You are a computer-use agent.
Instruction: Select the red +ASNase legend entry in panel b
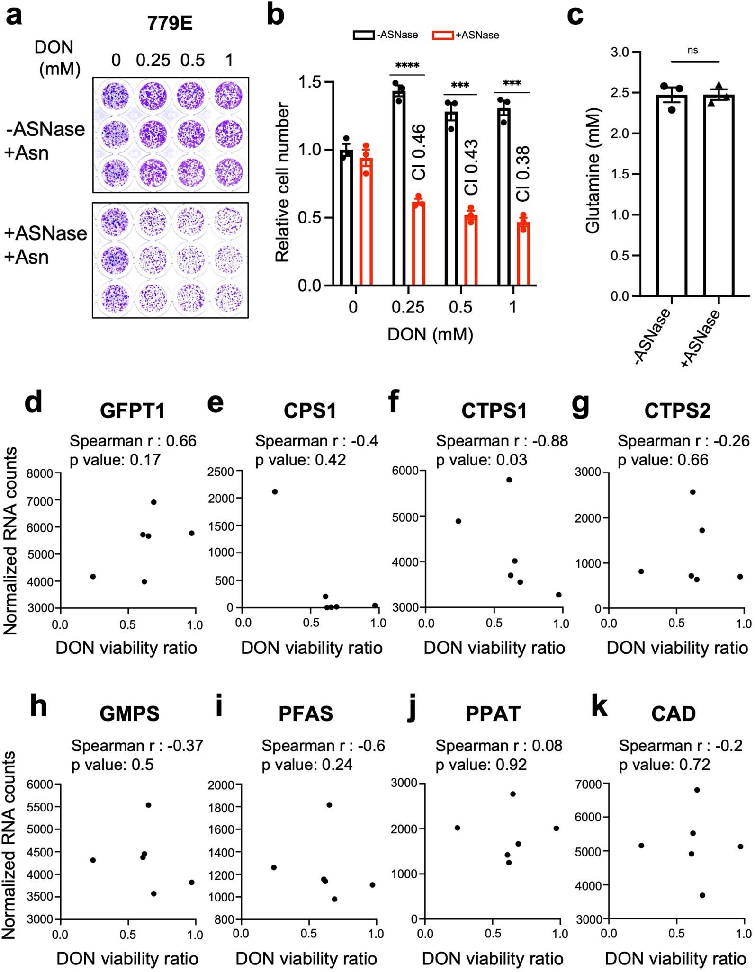(x=466, y=35)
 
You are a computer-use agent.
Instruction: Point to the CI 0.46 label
(x=419, y=152)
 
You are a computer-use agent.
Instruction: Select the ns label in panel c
(x=692, y=51)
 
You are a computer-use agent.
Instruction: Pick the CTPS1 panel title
(x=494, y=410)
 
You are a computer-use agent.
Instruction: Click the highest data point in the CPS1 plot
(x=275, y=491)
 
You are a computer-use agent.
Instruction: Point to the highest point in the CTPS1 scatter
(x=509, y=480)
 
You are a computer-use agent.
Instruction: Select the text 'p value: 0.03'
(x=481, y=460)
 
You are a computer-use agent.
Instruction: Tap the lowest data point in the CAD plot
(x=702, y=895)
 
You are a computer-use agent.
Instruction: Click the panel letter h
(x=38, y=707)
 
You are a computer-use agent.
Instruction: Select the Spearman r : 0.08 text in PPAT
(x=499, y=746)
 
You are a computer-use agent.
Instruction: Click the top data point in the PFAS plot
(x=329, y=805)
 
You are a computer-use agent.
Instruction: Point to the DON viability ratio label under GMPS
(x=127, y=959)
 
